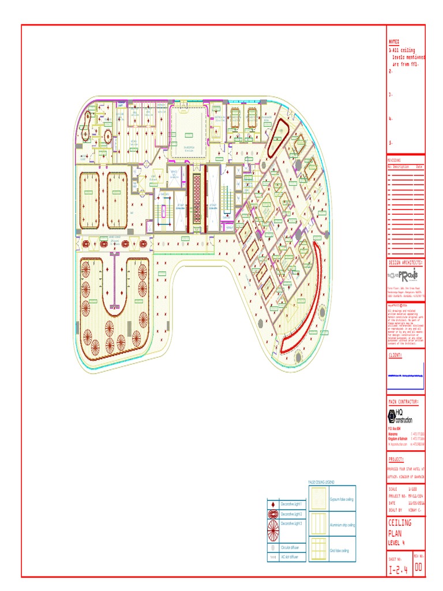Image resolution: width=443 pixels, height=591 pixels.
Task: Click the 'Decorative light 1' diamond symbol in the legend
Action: click(x=273, y=504)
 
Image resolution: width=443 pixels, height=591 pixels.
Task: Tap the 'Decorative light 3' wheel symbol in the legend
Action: click(x=273, y=527)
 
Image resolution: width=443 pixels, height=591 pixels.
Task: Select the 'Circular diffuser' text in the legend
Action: click(x=290, y=547)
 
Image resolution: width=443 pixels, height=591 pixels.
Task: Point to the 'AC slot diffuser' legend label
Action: click(x=290, y=557)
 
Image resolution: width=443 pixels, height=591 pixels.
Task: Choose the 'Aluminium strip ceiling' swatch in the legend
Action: click(x=317, y=525)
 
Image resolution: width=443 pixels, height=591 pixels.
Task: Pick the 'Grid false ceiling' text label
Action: click(x=339, y=551)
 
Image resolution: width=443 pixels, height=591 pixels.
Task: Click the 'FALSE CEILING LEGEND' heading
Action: click(x=321, y=482)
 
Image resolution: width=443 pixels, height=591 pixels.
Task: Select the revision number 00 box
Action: click(x=419, y=568)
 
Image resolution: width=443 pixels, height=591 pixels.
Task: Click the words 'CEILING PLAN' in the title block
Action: click(x=400, y=528)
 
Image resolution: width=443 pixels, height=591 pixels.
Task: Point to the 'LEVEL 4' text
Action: click(x=397, y=543)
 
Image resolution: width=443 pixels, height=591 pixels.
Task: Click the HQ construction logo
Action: click(x=401, y=417)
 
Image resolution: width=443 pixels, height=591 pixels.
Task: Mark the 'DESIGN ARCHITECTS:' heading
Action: click(x=406, y=262)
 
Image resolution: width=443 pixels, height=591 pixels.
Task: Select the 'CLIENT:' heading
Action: click(x=396, y=356)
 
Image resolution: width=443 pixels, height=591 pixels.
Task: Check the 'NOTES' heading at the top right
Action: click(x=394, y=42)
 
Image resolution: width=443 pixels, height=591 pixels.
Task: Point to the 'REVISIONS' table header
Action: click(x=395, y=160)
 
